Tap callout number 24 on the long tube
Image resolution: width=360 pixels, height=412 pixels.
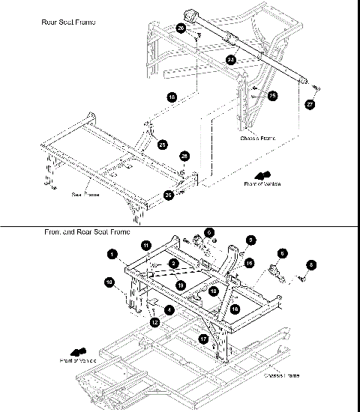[x=231, y=58]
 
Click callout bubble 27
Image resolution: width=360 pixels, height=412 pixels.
[x=310, y=105]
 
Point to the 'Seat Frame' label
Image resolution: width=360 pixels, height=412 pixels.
[x=86, y=193]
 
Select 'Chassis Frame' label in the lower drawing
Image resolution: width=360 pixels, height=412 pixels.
[x=283, y=374]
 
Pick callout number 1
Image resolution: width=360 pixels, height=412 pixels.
[x=111, y=255]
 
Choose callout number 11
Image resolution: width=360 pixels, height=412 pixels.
[x=146, y=245]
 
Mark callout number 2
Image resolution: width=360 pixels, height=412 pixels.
[x=173, y=264]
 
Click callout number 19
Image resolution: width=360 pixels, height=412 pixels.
[x=181, y=285]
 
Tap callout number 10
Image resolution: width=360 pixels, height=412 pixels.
[x=109, y=282]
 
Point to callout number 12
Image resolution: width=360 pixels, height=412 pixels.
[x=156, y=322]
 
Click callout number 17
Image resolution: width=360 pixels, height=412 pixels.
[x=203, y=339]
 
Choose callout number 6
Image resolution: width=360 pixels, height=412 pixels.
[x=283, y=253]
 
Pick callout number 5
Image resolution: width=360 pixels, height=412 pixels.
[x=251, y=240]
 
